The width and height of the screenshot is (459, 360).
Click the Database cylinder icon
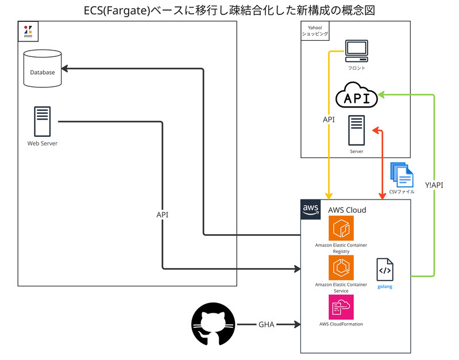pos(43,69)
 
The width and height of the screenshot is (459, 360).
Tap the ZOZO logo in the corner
pos(28,31)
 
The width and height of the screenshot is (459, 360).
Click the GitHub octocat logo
pos(214,325)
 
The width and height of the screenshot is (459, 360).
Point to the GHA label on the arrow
pos(266,325)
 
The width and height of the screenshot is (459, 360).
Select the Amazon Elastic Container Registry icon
pos(341,228)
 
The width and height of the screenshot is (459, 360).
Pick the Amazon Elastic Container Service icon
pos(341,267)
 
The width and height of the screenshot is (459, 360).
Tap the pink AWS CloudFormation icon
pos(341,307)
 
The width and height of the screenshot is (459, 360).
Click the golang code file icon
pos(385,270)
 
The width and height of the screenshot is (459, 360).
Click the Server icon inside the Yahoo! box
pos(356,130)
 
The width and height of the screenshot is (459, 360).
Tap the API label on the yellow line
pos(329,120)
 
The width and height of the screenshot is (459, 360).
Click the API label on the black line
pos(163,215)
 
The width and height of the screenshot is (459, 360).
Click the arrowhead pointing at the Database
pos(65,69)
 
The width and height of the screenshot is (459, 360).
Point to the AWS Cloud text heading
pos(347,210)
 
